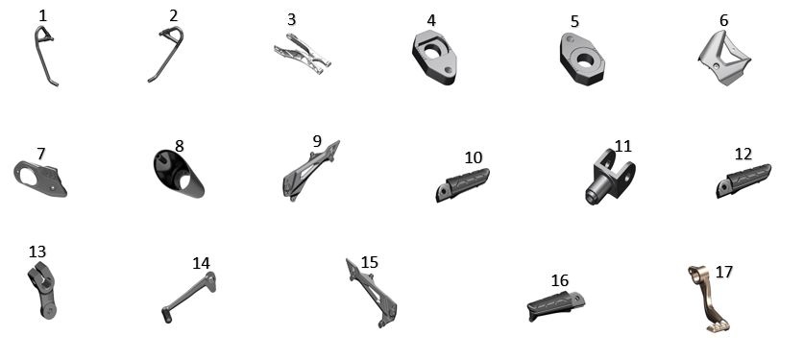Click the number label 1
[42, 16]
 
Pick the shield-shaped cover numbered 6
[724, 58]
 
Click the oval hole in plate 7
[28, 178]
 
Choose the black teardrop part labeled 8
[179, 174]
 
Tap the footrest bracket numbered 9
[309, 170]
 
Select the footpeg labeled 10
[462, 184]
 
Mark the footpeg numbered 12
[743, 180]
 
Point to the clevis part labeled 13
[43, 290]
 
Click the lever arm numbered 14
[188, 297]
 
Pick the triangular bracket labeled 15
[371, 293]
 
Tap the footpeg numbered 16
[556, 305]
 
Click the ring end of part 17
[695, 275]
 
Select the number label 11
[622, 147]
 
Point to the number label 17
[723, 272]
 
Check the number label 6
[723, 20]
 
